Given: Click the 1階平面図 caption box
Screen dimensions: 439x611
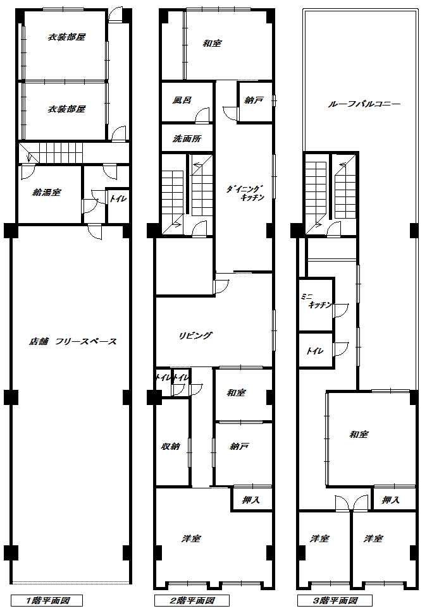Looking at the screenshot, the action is click(46, 600).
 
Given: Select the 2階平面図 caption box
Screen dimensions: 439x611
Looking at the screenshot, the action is click(192, 600).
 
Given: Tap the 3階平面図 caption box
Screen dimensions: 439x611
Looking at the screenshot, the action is click(335, 600).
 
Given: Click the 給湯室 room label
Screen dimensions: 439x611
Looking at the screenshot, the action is click(46, 192).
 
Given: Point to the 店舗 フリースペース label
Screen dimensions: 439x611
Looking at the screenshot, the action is click(73, 341).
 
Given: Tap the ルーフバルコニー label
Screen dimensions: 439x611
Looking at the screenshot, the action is click(364, 104).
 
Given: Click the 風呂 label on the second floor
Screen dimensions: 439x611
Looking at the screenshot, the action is click(182, 100).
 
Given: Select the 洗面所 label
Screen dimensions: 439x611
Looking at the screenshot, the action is click(187, 138).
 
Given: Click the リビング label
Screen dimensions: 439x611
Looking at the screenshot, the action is click(195, 336).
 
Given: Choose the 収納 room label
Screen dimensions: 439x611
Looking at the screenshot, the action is click(171, 446).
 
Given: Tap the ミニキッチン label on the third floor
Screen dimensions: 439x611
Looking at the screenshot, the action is click(316, 301).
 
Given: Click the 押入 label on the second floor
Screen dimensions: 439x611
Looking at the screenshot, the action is click(251, 500).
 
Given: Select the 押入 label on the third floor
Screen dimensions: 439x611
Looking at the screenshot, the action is click(391, 500).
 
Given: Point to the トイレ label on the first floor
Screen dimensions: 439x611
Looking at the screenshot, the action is click(118, 199).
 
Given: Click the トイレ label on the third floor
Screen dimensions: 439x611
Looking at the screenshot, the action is click(314, 351).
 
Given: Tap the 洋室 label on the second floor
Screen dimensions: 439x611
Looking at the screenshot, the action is click(191, 538).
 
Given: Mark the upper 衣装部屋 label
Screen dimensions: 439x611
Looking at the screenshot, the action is click(66, 37).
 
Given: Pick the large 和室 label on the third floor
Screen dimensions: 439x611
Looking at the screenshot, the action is click(359, 434).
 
